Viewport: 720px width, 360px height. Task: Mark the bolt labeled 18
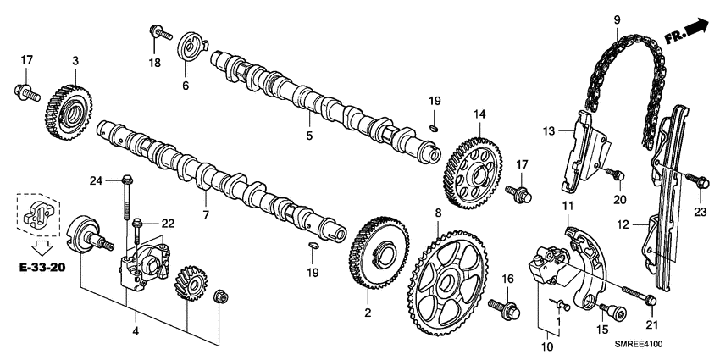158,32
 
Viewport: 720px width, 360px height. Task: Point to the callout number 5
309,135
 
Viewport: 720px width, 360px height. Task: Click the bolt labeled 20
616,175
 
